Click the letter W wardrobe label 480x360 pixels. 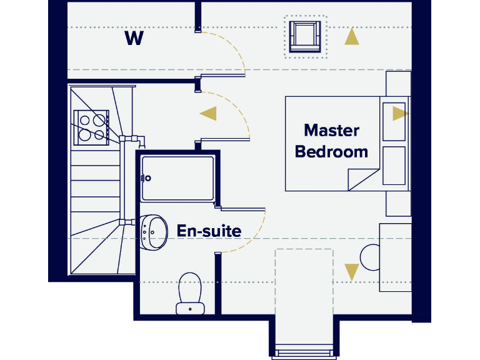coord(134,39)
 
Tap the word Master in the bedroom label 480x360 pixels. coord(331,131)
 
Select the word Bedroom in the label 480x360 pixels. coord(331,151)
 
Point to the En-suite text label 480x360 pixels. coord(209,231)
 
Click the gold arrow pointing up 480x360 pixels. coord(352,37)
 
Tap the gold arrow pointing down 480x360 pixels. coord(352,272)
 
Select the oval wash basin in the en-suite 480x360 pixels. coord(154,232)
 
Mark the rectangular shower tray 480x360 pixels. coord(178,177)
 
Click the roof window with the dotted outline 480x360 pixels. coord(305,36)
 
